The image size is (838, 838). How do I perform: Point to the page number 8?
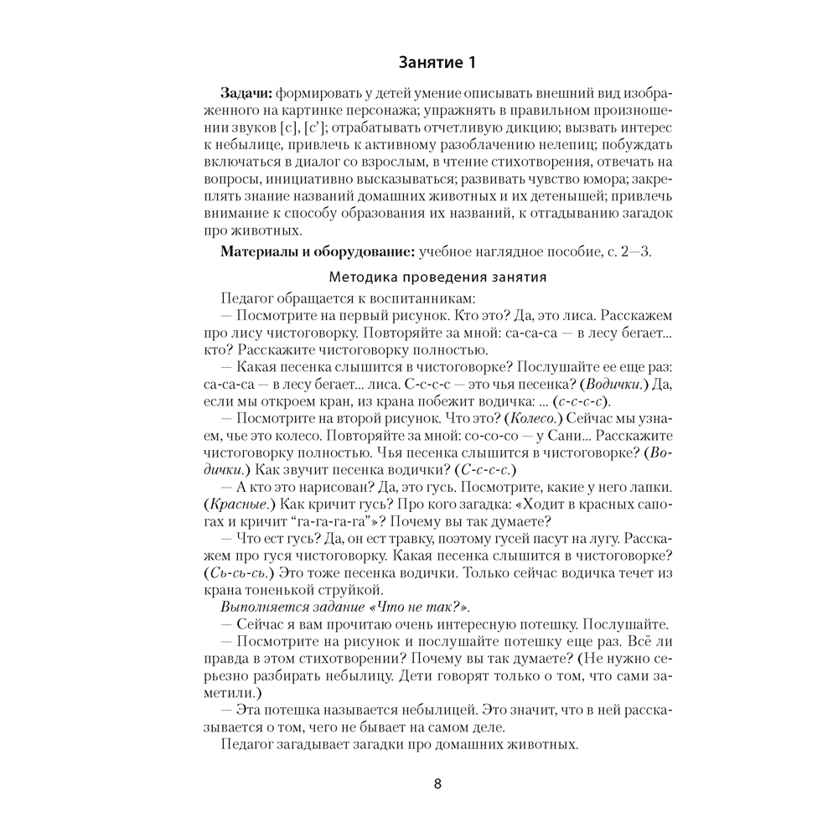tap(437, 784)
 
